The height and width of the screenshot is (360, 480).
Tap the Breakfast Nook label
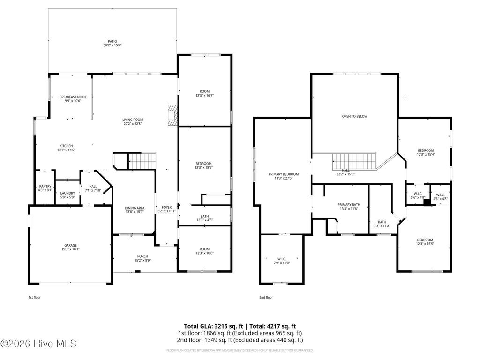click(x=70, y=97)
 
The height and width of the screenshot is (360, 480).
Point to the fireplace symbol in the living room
click(x=173, y=115)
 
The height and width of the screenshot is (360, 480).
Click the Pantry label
click(x=45, y=186)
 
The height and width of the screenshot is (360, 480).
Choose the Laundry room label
click(x=67, y=193)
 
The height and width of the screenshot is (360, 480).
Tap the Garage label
click(x=70, y=245)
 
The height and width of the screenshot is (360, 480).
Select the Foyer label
click(x=166, y=207)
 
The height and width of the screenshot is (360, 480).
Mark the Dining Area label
click(x=134, y=208)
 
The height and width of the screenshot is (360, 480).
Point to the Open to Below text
click(x=355, y=116)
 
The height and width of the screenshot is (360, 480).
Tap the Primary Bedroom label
click(x=283, y=174)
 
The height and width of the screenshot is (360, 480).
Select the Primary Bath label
click(x=349, y=205)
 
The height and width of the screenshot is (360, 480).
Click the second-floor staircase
click(x=355, y=162)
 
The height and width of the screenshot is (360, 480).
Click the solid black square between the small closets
click(x=426, y=203)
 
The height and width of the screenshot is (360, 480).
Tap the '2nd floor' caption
click(x=266, y=297)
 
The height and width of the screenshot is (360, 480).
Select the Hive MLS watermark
click(x=38, y=344)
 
